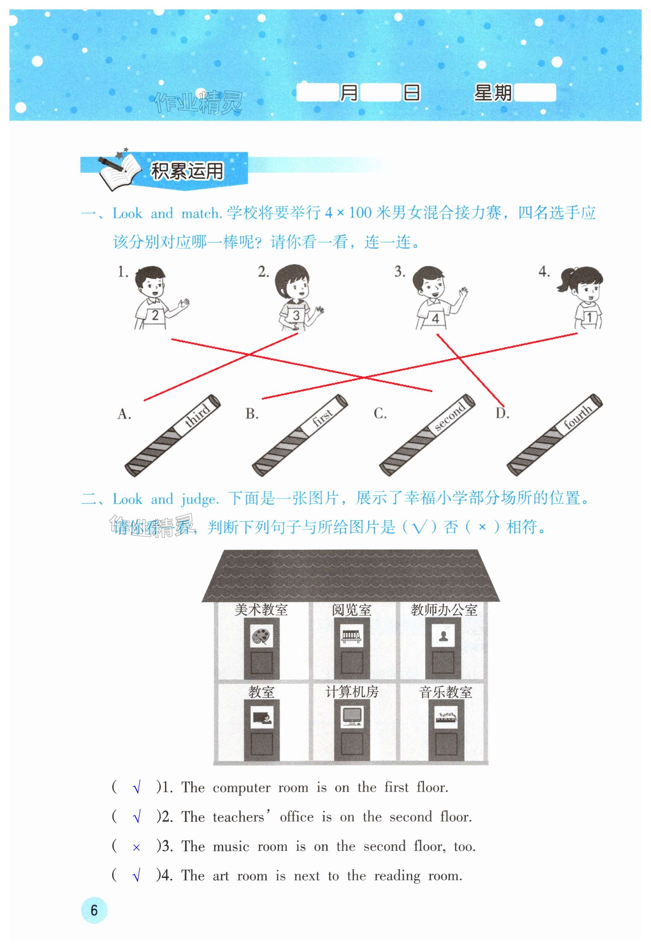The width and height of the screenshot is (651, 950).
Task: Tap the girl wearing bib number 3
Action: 298,298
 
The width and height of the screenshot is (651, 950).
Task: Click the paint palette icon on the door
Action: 261,636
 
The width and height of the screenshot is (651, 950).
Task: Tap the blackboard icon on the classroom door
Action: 262,718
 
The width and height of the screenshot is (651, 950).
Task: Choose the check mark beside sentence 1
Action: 137,788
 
